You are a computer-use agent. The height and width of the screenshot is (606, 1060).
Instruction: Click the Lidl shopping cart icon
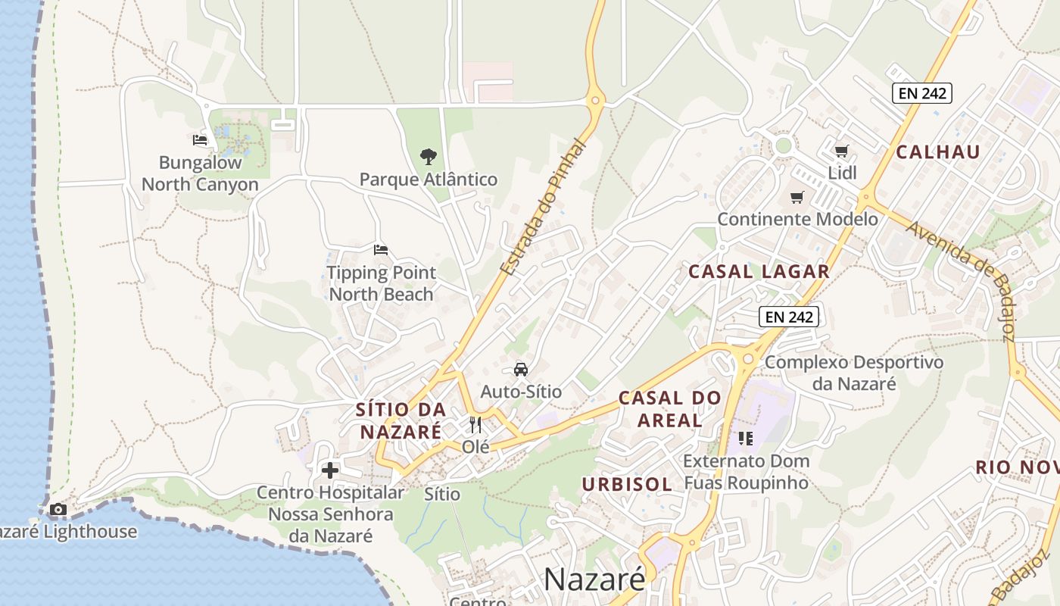coord(841,151)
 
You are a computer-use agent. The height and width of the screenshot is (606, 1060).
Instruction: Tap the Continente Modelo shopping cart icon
coord(797,198)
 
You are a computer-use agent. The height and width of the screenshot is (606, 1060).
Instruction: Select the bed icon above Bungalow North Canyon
coord(200,140)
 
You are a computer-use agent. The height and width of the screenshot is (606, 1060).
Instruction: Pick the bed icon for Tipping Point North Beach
coord(381,249)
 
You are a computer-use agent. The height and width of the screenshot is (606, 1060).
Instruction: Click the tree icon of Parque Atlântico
coord(429,157)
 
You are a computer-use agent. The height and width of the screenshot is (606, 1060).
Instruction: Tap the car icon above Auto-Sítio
coord(521,370)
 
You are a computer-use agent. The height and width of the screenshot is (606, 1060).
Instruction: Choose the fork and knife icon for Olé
coord(475,425)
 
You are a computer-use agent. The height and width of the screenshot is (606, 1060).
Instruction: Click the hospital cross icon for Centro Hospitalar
coord(330,470)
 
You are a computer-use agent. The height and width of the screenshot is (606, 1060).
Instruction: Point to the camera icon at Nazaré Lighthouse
coord(58,510)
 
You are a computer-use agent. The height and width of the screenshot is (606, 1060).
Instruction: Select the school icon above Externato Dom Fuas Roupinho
coord(746,439)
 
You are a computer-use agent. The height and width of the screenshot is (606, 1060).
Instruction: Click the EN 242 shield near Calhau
coord(921,93)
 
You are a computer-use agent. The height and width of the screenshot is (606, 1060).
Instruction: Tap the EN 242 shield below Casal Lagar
coord(789,317)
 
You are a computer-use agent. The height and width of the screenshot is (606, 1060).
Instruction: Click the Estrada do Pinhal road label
coord(544,206)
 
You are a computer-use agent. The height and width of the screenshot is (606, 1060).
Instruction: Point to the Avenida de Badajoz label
coord(962,280)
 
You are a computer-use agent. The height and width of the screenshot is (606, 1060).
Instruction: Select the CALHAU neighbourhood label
coord(938,151)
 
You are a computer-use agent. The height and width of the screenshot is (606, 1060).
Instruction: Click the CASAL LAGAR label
coord(759,271)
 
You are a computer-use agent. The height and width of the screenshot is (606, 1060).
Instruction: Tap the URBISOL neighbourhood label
coord(627,484)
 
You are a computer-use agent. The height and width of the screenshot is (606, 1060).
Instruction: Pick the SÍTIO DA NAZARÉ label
coord(401,420)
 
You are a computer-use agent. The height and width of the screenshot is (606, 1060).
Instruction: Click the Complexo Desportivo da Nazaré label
coord(854,373)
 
